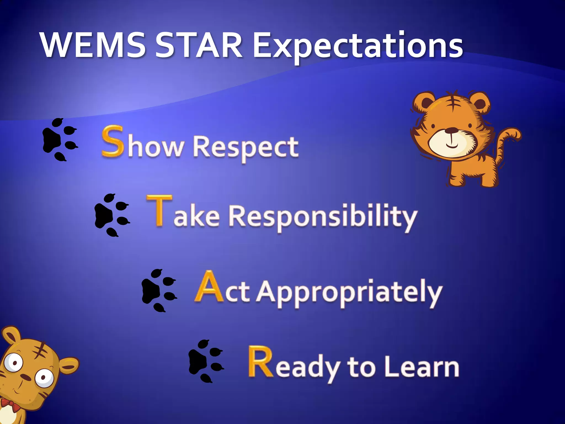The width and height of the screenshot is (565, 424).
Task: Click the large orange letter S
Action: coord(112,141)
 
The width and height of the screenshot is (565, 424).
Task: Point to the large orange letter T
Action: coord(159,210)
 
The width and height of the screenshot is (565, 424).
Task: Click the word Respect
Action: coord(245,148)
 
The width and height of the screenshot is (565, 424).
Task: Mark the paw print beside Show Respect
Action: coord(59,140)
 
